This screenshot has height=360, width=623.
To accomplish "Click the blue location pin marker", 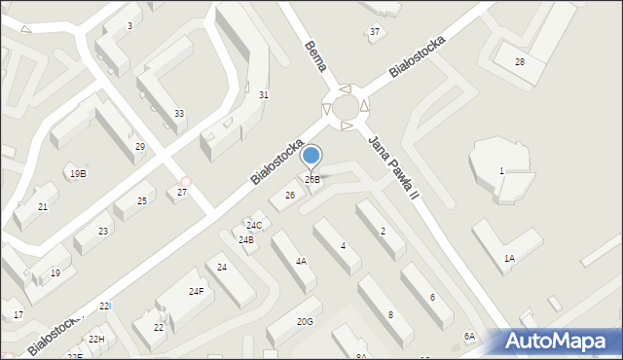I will tap(311, 156).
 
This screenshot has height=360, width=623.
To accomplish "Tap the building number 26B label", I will tap(312, 180).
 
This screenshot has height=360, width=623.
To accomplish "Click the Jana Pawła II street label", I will tap(392, 166).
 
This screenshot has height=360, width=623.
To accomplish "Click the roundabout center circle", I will tap(345, 106).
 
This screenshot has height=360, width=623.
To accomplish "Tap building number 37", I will tap(375, 32).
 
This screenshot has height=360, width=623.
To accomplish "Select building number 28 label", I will tap(520, 62).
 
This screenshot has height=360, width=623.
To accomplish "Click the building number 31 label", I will tap(264, 95).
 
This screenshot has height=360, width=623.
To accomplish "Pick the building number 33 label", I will tap(179, 114).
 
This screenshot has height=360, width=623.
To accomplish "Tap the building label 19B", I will tap(78, 173).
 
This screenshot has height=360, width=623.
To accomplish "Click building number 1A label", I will tap(509, 258).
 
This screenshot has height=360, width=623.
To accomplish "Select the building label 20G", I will tap(305, 321).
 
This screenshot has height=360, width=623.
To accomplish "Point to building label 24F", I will tap(197, 291).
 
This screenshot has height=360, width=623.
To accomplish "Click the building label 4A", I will tap(302, 262).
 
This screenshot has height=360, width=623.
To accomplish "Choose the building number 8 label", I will tap(390, 314).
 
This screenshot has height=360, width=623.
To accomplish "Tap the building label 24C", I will tap(253, 226).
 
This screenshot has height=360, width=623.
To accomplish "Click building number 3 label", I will tap(129, 26).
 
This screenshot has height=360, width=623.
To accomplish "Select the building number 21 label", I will tap(43, 207).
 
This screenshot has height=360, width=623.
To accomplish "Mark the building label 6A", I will tap(469, 336).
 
